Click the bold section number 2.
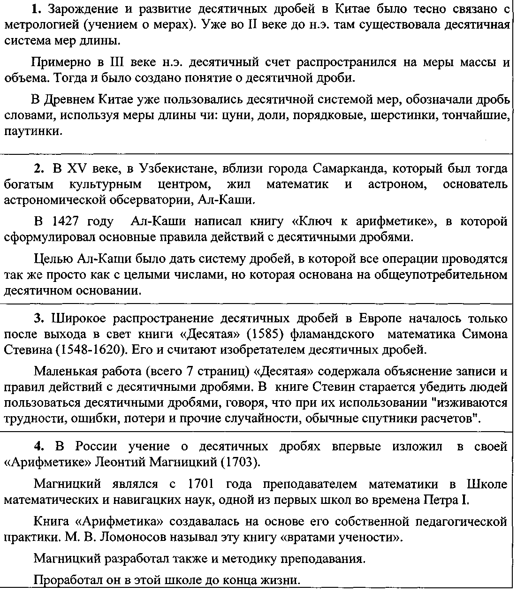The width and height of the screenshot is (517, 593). (38, 168)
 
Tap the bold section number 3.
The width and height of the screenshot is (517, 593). (38, 319)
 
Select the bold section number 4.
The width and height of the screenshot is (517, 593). (38, 446)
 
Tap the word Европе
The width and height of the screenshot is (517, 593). (380, 319)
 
